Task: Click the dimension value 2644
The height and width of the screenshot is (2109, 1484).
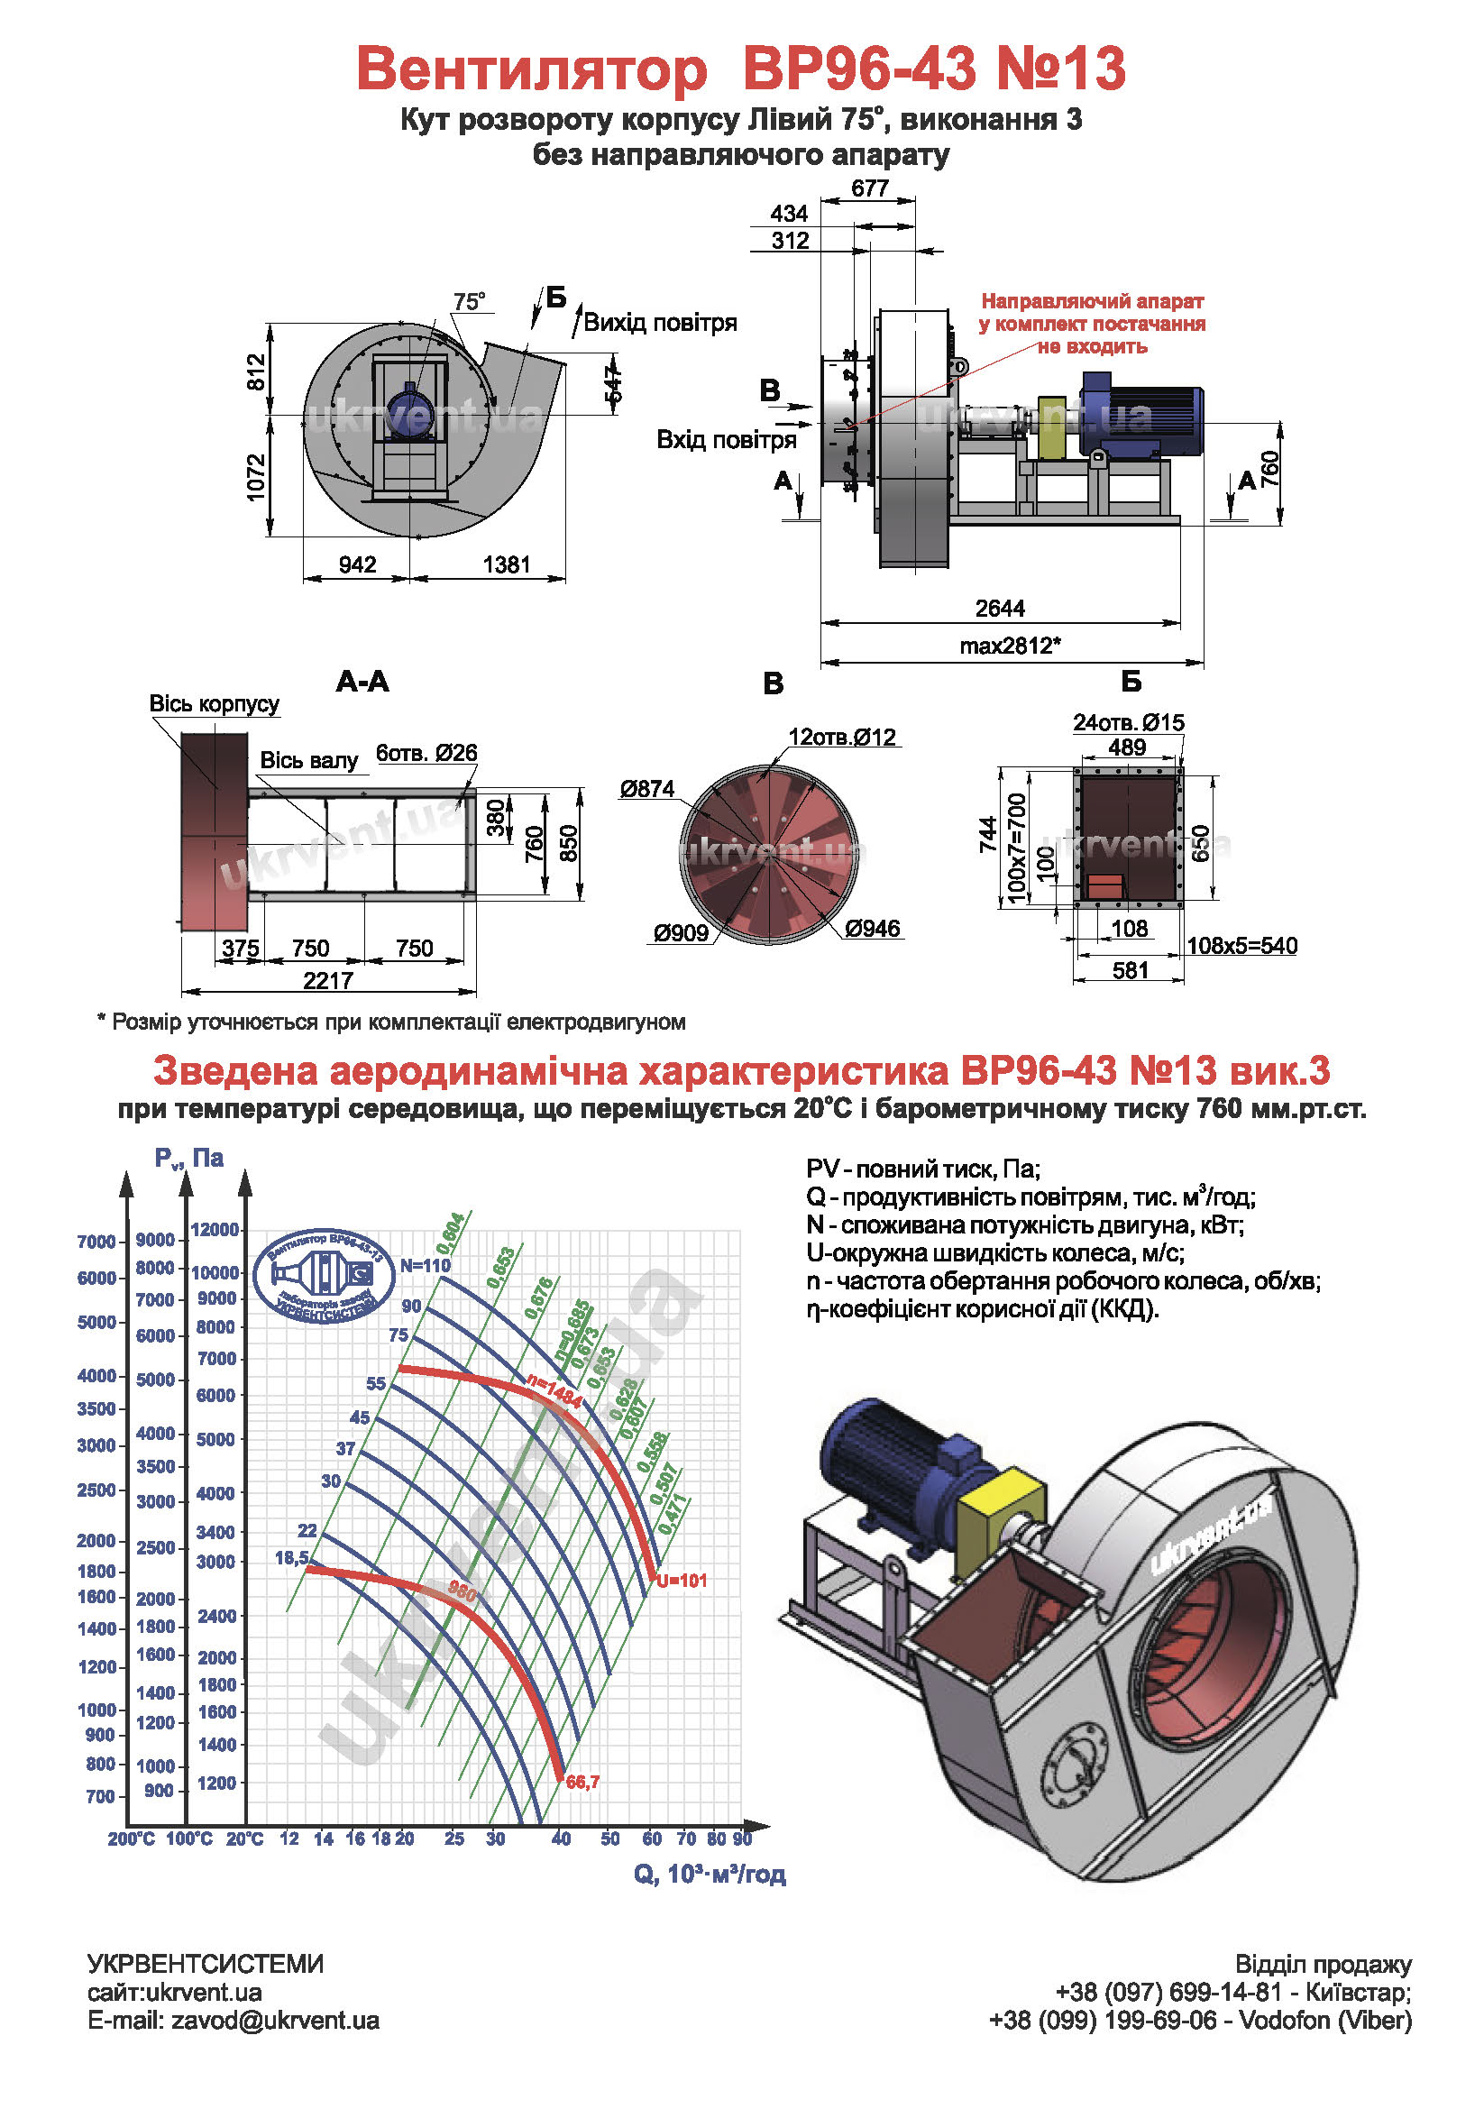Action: (999, 608)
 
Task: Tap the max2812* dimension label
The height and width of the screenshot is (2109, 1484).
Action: (1009, 646)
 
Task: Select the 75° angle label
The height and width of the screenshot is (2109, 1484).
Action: (468, 302)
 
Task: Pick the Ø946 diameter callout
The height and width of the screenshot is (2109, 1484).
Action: (872, 929)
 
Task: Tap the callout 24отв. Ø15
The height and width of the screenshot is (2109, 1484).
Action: (1128, 723)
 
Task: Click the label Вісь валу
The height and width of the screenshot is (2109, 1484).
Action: (308, 761)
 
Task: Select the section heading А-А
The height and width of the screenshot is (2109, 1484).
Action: (362, 682)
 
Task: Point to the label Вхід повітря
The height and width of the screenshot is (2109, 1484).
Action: (726, 440)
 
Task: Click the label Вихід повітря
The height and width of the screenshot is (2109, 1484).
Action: (659, 323)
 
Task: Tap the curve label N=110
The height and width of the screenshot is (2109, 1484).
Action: (426, 1266)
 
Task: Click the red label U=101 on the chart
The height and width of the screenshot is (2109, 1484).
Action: (682, 1581)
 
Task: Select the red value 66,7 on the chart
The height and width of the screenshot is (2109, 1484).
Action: (582, 1782)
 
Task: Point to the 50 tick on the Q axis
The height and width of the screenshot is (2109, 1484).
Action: (609, 1838)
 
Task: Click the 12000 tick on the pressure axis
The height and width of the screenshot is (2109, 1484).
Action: (215, 1230)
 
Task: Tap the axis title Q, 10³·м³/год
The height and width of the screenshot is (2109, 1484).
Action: (709, 1874)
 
